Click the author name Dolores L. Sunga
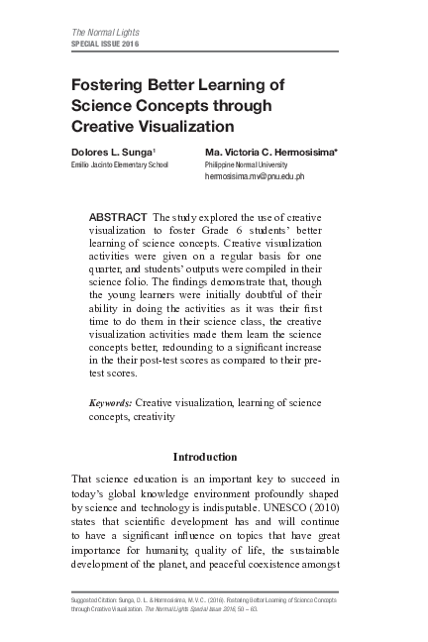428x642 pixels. pos(112,152)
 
